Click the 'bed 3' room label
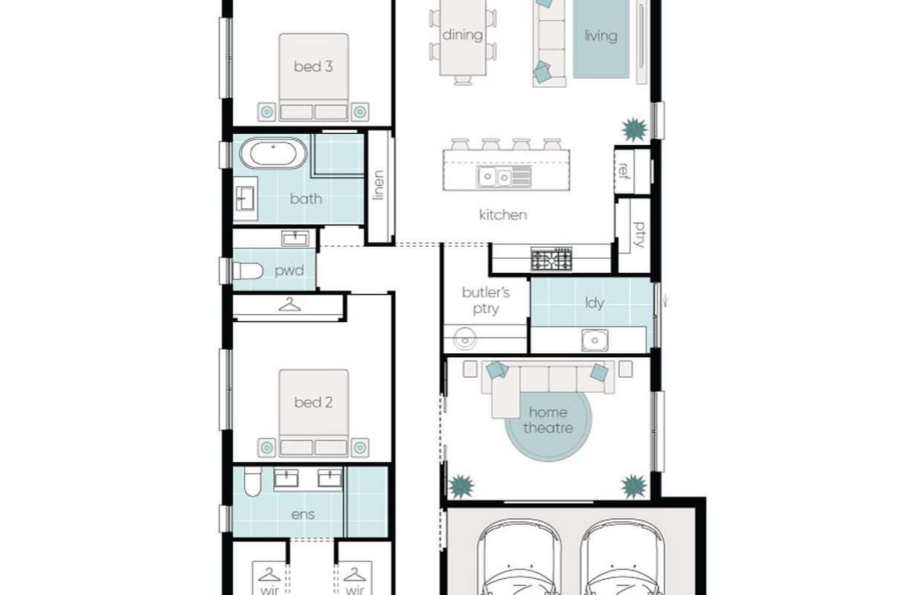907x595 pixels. pyautogui.click(x=313, y=66)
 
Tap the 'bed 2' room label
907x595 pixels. pyautogui.click(x=313, y=402)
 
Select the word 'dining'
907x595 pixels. pyautogui.click(x=462, y=36)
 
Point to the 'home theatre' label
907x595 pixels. pyautogui.click(x=548, y=420)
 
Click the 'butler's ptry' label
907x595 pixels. pyautogui.click(x=486, y=300)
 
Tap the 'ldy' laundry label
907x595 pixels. pyautogui.click(x=594, y=303)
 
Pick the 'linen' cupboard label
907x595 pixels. pyautogui.click(x=378, y=185)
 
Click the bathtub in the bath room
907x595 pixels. pyautogui.click(x=273, y=154)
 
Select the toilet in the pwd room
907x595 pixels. pyautogui.click(x=248, y=271)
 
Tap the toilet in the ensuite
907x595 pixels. pyautogui.click(x=253, y=481)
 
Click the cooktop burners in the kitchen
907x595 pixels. pyautogui.click(x=551, y=260)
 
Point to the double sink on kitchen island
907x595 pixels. pyautogui.click(x=504, y=177)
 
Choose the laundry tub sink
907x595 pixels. pyautogui.click(x=594, y=340)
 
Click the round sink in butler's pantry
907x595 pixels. pyautogui.click(x=464, y=339)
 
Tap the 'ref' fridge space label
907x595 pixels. pyautogui.click(x=624, y=171)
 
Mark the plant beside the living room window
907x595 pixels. pyautogui.click(x=634, y=129)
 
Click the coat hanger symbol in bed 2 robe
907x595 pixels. pyautogui.click(x=289, y=305)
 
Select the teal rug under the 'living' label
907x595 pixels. pyautogui.click(x=601, y=39)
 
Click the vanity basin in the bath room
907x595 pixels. pyautogui.click(x=245, y=199)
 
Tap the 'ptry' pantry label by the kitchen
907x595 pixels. pyautogui.click(x=638, y=235)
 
